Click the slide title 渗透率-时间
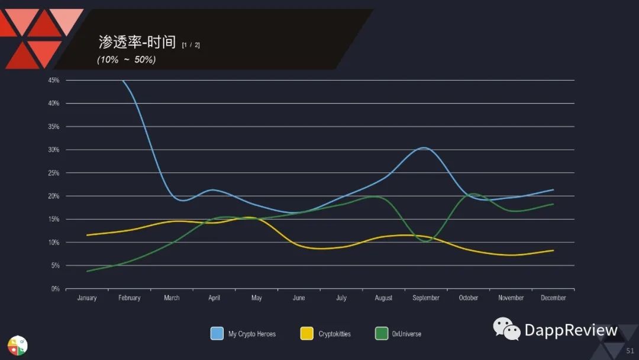point(137,42)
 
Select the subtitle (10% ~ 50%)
point(126,60)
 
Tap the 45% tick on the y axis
point(54,80)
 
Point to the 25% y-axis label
point(54,173)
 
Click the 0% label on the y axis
point(55,289)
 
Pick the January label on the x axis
point(87,298)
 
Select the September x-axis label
point(426,298)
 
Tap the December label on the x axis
point(553,298)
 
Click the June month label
point(299,298)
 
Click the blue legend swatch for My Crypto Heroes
point(217,333)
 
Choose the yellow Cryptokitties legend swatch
point(307,333)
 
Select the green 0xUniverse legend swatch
point(382,333)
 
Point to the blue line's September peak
point(425,147)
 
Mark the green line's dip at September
point(428,241)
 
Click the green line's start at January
point(88,271)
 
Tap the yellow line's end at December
point(553,250)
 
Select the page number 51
point(630,351)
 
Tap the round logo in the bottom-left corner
point(18,345)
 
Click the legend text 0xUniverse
point(406,334)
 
